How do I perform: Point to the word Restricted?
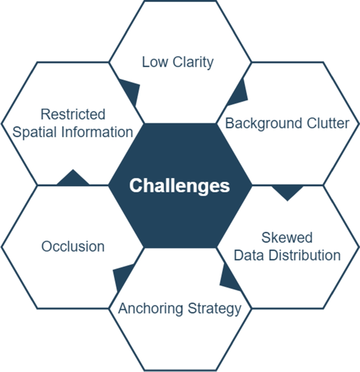point(73,114)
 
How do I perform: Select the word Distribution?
point(304,256)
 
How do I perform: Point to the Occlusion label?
point(73,246)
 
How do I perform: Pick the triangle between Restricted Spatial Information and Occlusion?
point(73,179)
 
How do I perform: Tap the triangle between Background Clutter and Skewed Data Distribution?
point(287,192)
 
